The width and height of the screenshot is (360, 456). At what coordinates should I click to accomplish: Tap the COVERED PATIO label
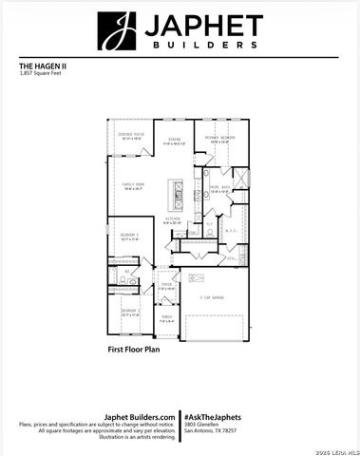click(x=131, y=136)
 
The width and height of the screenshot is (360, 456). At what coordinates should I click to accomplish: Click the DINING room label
click(x=175, y=141)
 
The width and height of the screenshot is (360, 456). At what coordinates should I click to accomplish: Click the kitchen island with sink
click(x=179, y=194)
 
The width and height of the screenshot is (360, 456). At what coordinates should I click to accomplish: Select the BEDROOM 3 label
click(x=130, y=311)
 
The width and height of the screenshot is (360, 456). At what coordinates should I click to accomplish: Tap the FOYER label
click(x=166, y=283)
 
